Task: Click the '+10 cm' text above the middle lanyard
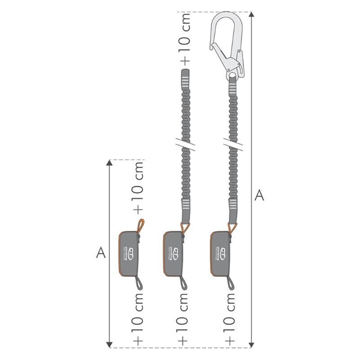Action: (x=184, y=38)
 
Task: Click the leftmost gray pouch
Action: (x=128, y=253)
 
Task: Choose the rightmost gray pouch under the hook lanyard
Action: (x=220, y=253)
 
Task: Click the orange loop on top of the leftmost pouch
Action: (x=140, y=227)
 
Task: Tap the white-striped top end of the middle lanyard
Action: (x=185, y=79)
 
